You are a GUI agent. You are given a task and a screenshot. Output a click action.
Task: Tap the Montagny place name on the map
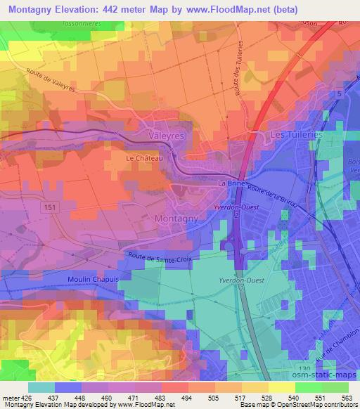coord(175,219)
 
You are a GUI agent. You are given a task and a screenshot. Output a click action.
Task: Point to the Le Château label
coord(144,159)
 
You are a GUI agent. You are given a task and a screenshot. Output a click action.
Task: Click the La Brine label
coord(231,183)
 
